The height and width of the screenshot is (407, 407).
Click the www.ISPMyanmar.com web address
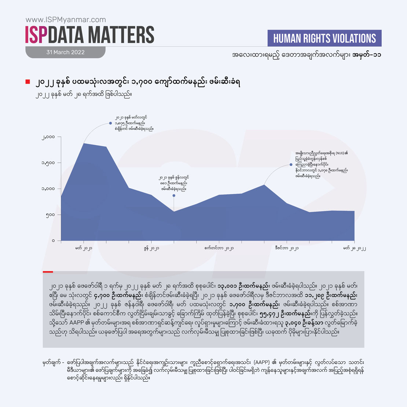(x=66, y=20)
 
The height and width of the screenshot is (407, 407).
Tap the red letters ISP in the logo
(x=36, y=34)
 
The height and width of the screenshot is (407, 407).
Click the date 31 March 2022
(x=65, y=52)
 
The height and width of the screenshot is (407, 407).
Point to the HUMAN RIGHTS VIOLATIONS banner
(x=324, y=38)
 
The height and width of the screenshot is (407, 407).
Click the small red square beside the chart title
(x=27, y=81)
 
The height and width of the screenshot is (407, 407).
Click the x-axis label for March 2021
(x=84, y=248)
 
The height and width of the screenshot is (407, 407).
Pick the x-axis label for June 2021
(x=151, y=248)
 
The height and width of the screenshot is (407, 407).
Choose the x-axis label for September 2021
(x=219, y=248)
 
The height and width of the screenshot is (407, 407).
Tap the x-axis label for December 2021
(x=287, y=248)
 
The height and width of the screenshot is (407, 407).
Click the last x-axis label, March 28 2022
(x=354, y=248)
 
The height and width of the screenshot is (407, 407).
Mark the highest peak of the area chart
(x=84, y=143)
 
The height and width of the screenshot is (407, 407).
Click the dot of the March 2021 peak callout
(x=111, y=123)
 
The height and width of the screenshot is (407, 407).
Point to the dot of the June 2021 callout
(x=174, y=195)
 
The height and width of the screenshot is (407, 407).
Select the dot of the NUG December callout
(x=291, y=165)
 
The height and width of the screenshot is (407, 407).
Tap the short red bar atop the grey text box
(x=48, y=272)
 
